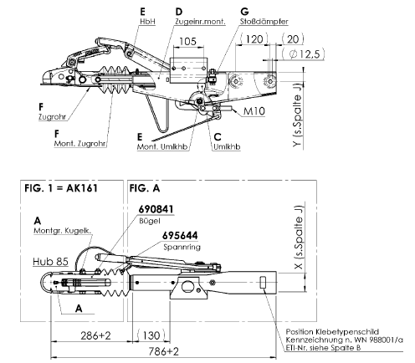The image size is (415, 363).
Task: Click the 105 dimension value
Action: tap(187, 41)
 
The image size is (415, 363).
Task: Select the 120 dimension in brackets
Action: tap(254, 39)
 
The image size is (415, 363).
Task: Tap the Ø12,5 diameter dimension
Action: tap(303, 54)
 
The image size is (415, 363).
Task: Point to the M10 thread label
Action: tap(254, 111)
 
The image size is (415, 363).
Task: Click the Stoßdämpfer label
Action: tap(264, 22)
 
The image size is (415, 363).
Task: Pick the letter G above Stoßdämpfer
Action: tap(244, 12)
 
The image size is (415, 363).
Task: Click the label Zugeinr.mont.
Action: tap(200, 22)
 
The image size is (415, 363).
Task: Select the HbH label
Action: tap(147, 22)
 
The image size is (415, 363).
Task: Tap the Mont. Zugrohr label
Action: tap(80, 144)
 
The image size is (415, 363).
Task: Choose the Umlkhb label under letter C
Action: tap(227, 146)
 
